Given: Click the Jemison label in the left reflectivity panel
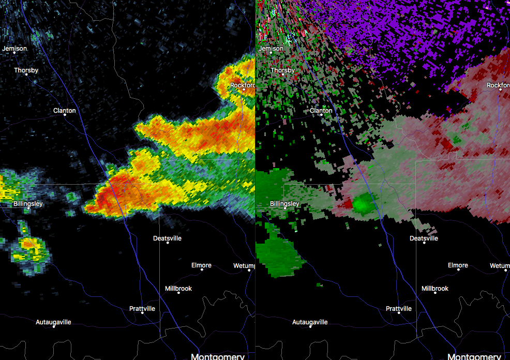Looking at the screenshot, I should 14,49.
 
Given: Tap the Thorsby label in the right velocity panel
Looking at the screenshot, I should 283,70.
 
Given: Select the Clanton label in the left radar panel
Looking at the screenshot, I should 64,111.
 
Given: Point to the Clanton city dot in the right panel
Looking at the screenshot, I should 321,115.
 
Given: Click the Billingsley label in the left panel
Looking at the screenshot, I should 28,204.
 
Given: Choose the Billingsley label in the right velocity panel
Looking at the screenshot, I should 284,204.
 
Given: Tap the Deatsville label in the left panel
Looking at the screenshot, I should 167,238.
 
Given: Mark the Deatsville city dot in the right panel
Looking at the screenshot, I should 424,243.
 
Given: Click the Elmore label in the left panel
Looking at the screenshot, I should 201,265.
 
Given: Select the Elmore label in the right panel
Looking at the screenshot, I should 458,265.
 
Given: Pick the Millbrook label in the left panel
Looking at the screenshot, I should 178,288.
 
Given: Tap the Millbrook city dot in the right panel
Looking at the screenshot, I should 435,293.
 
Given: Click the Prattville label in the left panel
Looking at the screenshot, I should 142,309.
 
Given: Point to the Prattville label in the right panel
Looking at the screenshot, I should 399,309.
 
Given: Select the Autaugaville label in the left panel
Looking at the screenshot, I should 53,322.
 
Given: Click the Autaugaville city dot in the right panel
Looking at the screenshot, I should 310,326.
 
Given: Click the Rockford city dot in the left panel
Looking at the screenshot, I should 244,89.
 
